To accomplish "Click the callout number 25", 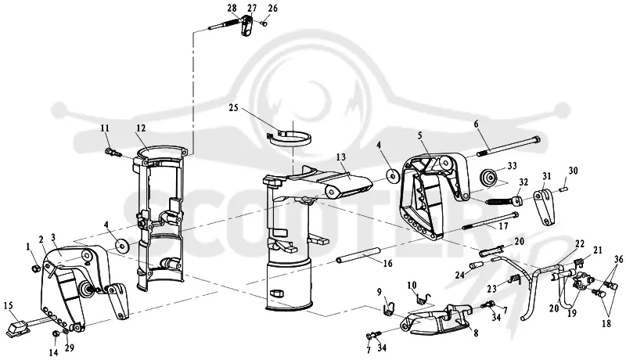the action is pos(234,108).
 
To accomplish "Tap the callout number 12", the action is pos(141,128).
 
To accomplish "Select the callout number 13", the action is pos(340,157).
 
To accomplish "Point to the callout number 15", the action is pos(9,306).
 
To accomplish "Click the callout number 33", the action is pos(512,166).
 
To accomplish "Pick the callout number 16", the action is pos(387,264).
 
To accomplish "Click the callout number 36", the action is pos(618,258).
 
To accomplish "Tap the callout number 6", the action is pos(476,124).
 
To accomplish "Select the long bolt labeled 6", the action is pos(509,146).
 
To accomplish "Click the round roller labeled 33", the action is pos(487,177).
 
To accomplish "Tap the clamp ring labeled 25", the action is pos(290,139).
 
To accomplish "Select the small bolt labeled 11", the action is pos(112,152).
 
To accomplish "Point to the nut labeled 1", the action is pos(35,269).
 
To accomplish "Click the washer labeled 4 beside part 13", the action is pos(394,175).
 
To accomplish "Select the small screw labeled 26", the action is pos(263,23).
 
